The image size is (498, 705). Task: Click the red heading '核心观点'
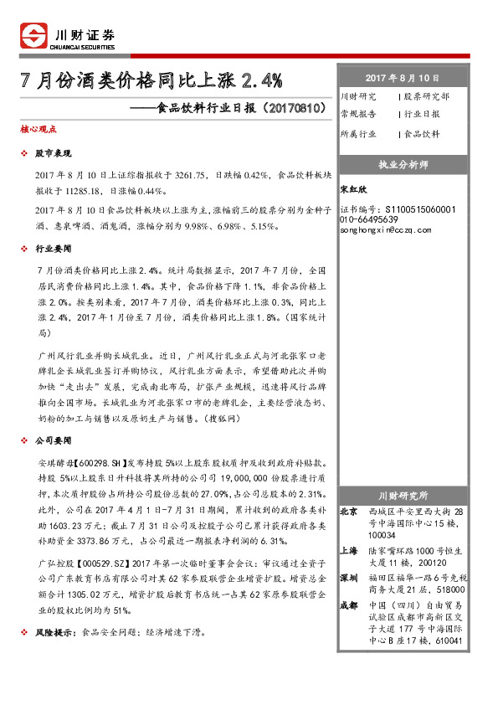tap(38, 130)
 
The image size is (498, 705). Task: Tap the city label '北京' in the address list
tap(349, 511)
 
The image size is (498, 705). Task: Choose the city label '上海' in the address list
tap(349, 551)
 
